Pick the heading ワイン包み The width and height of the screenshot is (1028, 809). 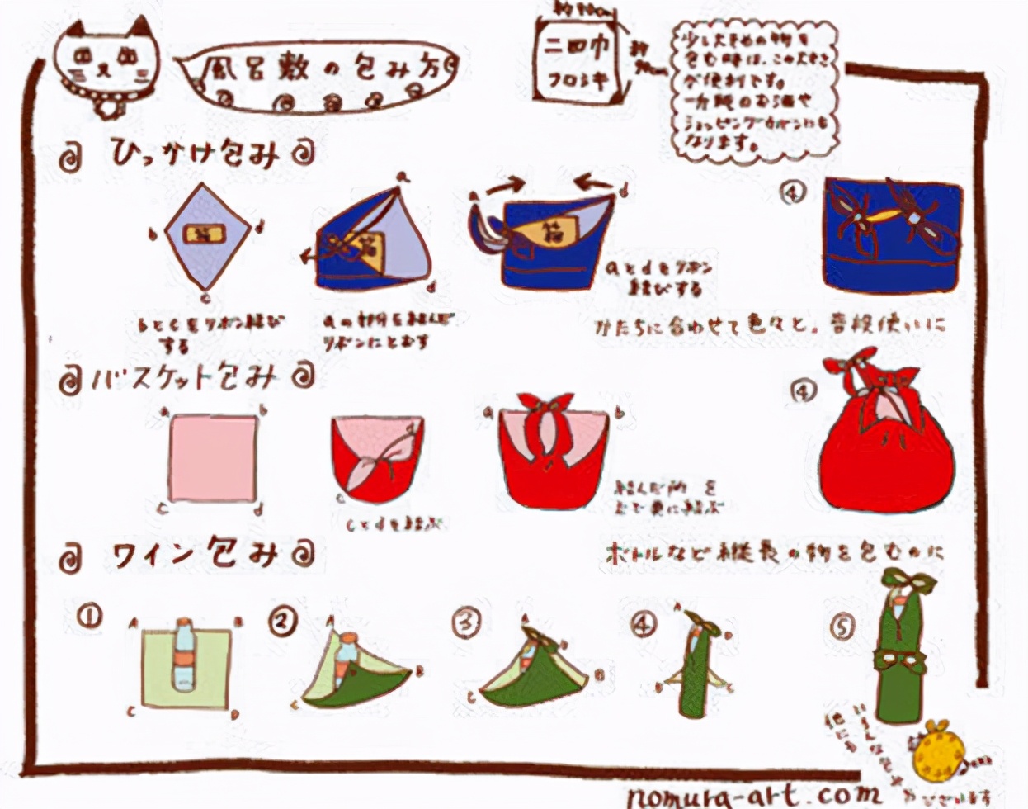(195, 555)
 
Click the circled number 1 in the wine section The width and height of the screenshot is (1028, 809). (89, 616)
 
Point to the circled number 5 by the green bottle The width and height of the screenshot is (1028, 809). (842, 627)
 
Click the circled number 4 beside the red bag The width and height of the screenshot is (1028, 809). (802, 390)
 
